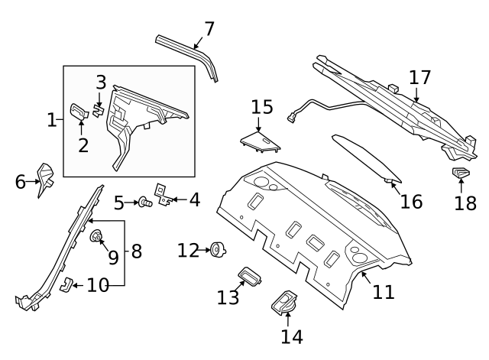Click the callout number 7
(209, 29)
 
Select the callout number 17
(419, 77)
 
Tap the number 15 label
(261, 106)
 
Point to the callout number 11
(384, 290)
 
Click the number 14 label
(292, 336)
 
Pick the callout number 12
(188, 249)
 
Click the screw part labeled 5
(143, 203)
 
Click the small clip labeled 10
(66, 285)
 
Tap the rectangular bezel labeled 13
(250, 275)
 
